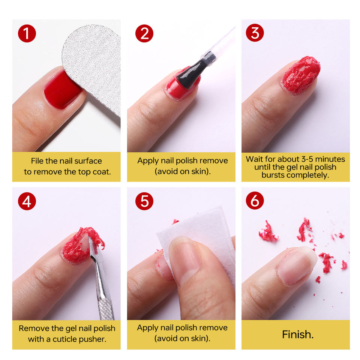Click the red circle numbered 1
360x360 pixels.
(x=27, y=33)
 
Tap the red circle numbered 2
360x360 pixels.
(x=144, y=33)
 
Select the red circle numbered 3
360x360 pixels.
(x=255, y=33)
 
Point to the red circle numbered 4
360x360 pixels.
(x=27, y=201)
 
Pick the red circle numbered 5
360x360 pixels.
(x=144, y=201)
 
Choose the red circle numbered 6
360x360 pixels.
(x=255, y=201)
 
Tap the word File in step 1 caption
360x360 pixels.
(x=37, y=161)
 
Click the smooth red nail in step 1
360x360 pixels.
(x=62, y=90)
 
